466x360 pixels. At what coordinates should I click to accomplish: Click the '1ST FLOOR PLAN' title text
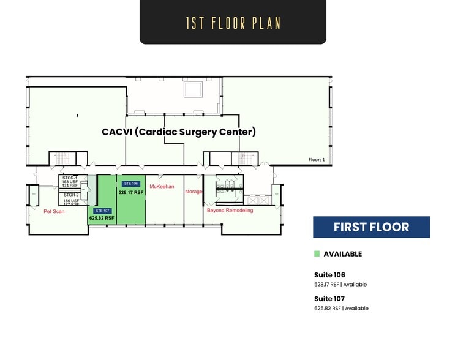pyautogui.click(x=233, y=23)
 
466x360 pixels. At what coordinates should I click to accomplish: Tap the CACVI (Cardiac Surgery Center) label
pyautogui.click(x=178, y=132)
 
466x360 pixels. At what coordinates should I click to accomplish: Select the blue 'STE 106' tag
pyautogui.click(x=131, y=184)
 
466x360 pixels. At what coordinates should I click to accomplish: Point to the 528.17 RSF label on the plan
pyautogui.click(x=131, y=192)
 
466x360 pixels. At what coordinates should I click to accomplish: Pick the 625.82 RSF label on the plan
pyautogui.click(x=102, y=218)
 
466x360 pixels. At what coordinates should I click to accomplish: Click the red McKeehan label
pyautogui.click(x=162, y=186)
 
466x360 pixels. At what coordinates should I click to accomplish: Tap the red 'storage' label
pyautogui.click(x=194, y=192)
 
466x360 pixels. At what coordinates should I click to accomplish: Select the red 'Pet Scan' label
pyautogui.click(x=54, y=211)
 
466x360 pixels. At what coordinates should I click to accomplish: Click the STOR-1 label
pyautogui.click(x=70, y=178)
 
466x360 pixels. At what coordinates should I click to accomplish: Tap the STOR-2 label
pyautogui.click(x=70, y=195)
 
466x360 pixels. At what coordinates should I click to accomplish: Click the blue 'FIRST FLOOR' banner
pyautogui.click(x=371, y=227)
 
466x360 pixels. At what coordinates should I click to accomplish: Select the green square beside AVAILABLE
pyautogui.click(x=317, y=254)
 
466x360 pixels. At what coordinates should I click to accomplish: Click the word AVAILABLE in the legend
pyautogui.click(x=342, y=254)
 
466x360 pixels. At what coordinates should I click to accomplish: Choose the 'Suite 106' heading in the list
pyautogui.click(x=330, y=275)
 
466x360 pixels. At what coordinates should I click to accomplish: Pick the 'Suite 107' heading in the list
pyautogui.click(x=330, y=298)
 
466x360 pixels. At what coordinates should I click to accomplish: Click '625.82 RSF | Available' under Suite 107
pyautogui.click(x=341, y=309)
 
